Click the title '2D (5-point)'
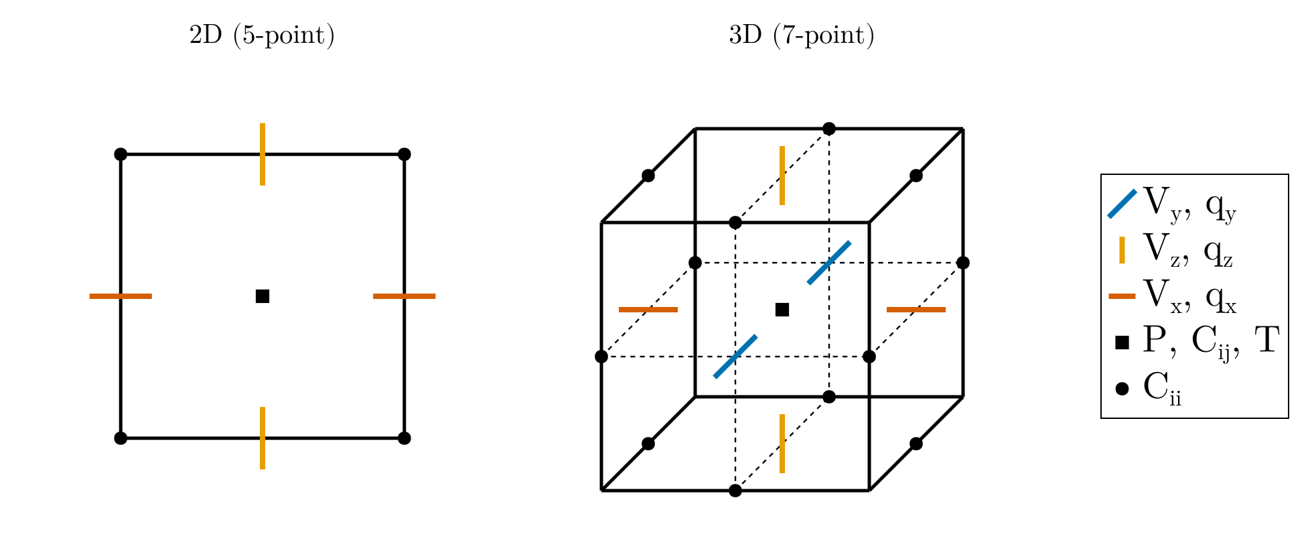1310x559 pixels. point(262,36)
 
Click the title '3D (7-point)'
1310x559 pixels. point(802,36)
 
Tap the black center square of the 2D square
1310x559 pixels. point(263,296)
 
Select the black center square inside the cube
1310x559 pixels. point(782,310)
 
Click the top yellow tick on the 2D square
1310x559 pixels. point(263,154)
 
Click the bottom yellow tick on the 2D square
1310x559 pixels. point(263,438)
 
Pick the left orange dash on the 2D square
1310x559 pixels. point(121,296)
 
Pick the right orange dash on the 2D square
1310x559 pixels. point(405,296)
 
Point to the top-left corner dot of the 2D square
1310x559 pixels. point(121,154)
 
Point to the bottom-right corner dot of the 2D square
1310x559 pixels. point(405,438)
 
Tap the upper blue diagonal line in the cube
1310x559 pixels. point(829,263)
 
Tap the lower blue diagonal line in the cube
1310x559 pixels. point(735,357)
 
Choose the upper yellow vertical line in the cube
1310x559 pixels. point(782,176)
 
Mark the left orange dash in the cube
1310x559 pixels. point(648,310)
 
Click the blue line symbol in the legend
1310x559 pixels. point(1122,204)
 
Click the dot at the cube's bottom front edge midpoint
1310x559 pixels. point(735,491)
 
